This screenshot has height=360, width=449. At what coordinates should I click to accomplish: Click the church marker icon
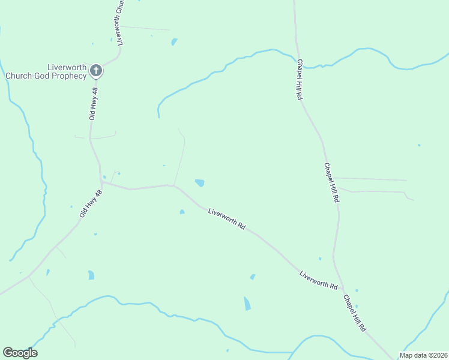tap(95, 71)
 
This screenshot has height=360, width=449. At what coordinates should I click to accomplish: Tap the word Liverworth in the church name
tap(68, 67)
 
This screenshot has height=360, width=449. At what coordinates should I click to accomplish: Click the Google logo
tap(20, 353)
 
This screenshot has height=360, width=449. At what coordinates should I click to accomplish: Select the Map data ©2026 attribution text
tap(423, 355)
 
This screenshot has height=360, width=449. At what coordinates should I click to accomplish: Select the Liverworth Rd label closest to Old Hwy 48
tap(227, 220)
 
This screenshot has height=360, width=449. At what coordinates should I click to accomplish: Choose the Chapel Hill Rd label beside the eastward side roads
tap(332, 182)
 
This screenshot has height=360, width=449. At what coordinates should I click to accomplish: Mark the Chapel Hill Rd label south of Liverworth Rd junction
tap(355, 313)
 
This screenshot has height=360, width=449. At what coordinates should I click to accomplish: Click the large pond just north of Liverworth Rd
tap(199, 183)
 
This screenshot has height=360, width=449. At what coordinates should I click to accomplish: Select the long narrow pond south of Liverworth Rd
tap(247, 304)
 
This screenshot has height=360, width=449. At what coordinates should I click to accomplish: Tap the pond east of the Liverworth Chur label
tap(174, 42)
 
